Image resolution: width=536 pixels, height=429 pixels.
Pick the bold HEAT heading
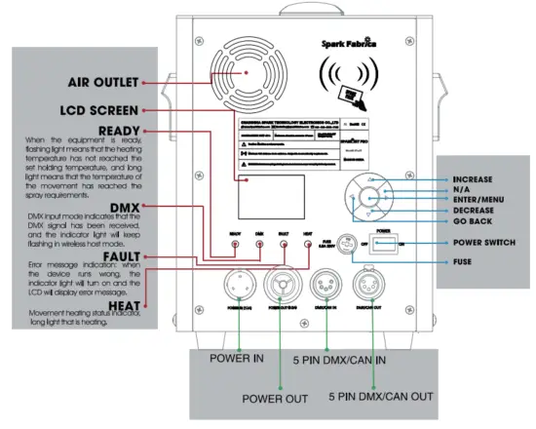click(x=120, y=305)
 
